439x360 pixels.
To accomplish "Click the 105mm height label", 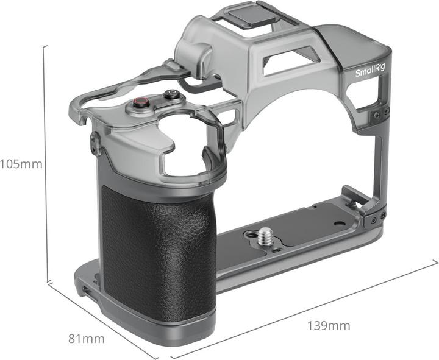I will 21,164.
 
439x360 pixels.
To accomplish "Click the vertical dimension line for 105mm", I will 45,164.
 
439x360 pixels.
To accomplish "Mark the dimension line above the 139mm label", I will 305,311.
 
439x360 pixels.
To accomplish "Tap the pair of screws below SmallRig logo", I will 382,113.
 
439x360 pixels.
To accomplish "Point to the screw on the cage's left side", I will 95,144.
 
